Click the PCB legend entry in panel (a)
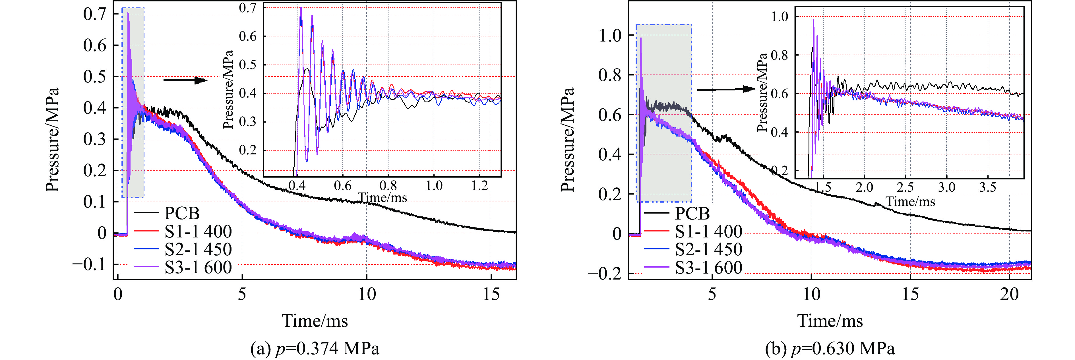pos(182,213)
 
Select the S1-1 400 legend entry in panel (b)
pos(708,231)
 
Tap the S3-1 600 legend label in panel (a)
pos(198,267)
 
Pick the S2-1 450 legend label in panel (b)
pos(708,249)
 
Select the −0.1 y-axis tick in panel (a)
pos(89,264)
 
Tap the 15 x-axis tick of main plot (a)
pos(491,295)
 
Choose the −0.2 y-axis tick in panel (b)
pos(604,274)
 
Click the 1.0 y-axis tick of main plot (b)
pos(610,36)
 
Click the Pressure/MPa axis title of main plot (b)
pos(568,140)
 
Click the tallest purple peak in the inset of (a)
pos(301,7)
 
